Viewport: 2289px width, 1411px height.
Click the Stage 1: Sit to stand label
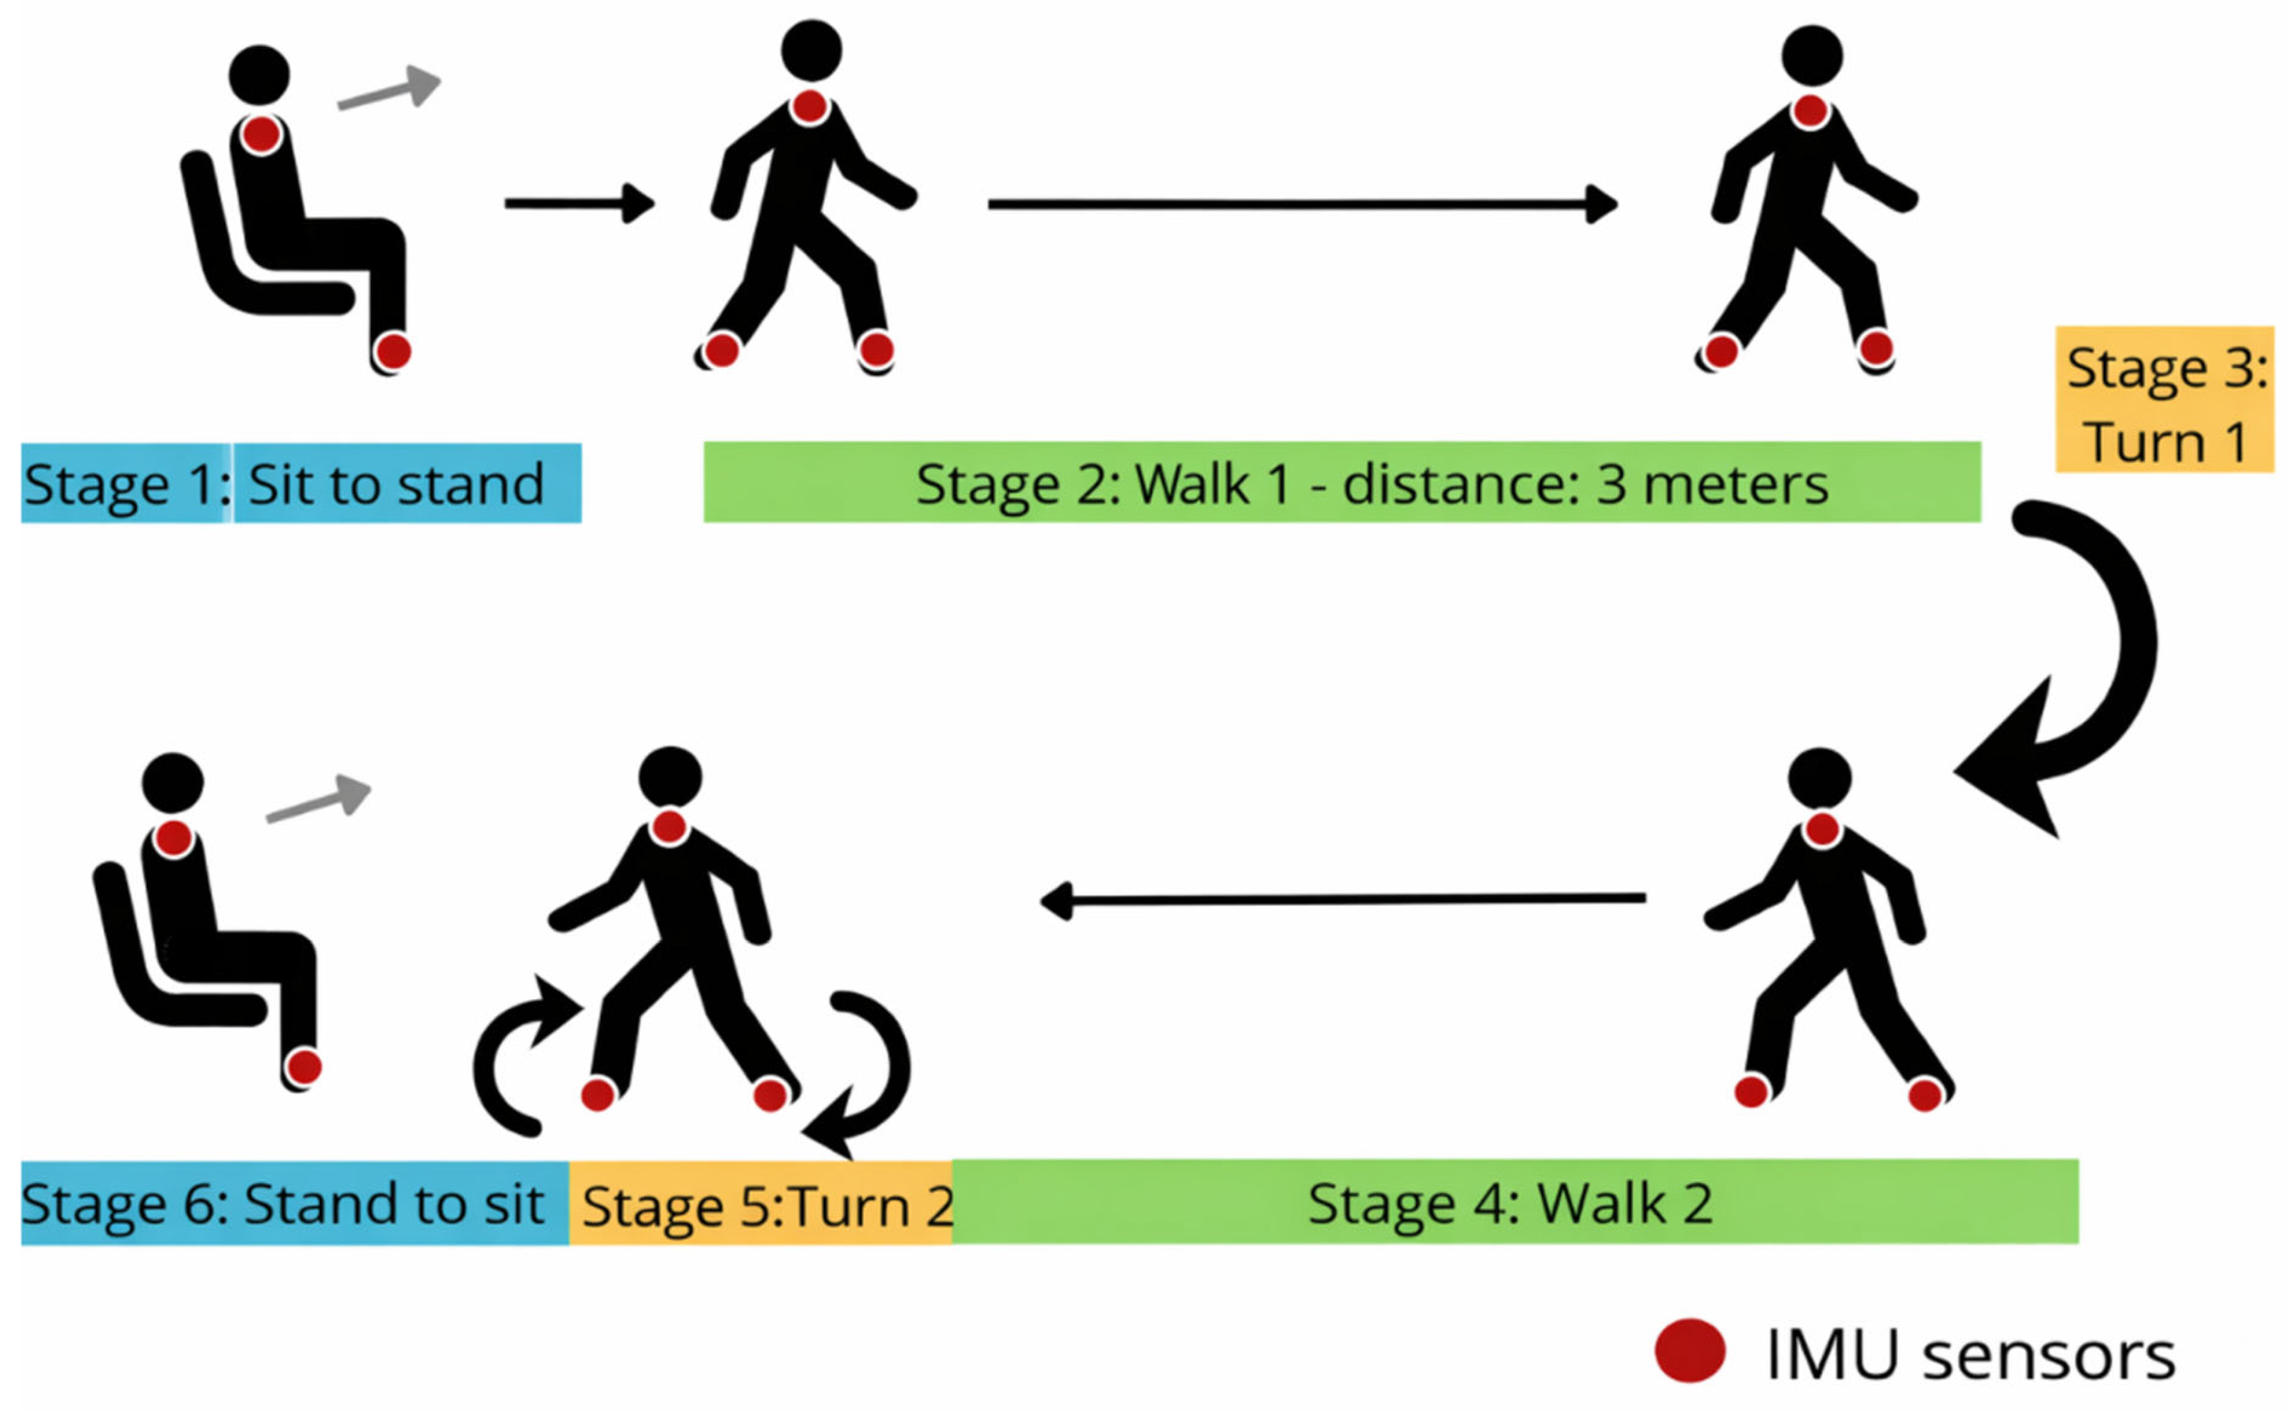pos(301,483)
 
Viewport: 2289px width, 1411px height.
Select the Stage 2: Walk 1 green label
pos(1341,483)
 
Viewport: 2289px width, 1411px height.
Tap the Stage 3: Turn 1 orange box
pos(2164,400)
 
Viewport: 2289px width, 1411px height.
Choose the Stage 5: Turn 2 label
pos(761,1204)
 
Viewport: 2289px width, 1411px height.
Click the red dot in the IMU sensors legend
pos(1690,1351)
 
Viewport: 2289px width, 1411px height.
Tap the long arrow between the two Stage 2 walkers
pos(1302,203)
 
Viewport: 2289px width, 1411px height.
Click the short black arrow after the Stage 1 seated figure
pos(579,203)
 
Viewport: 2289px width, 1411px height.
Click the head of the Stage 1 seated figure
pos(259,75)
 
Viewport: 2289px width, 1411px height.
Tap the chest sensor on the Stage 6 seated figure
pos(174,838)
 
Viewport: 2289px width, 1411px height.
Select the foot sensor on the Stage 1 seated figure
pos(393,352)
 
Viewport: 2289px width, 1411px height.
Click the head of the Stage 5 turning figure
pos(670,777)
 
